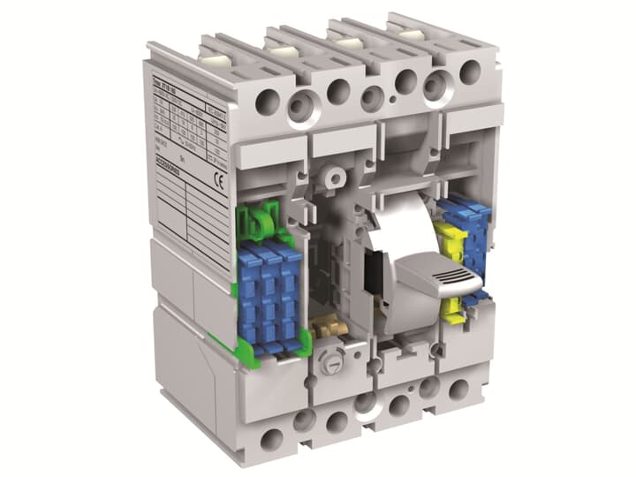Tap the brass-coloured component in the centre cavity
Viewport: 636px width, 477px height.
point(329,327)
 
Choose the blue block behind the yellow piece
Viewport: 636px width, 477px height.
point(469,234)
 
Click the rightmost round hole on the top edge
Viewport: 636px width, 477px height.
point(469,72)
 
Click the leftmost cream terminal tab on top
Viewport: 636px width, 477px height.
point(213,57)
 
